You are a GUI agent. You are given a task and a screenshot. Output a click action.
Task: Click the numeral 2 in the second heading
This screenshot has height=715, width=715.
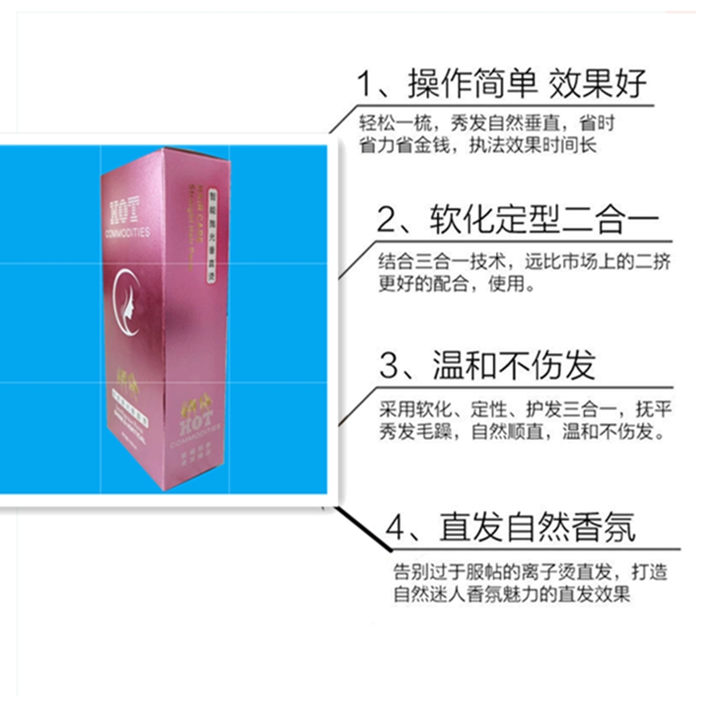pos(385,219)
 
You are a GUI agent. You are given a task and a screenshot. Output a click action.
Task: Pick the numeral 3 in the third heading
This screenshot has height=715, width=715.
pos(388,366)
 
